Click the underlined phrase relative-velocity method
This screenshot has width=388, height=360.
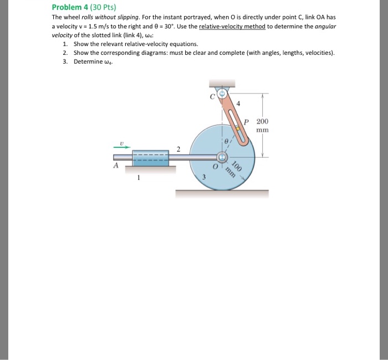click(x=234, y=26)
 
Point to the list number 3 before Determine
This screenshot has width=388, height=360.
click(x=65, y=61)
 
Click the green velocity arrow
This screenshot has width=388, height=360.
click(x=123, y=147)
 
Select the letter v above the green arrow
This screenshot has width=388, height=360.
click(x=122, y=141)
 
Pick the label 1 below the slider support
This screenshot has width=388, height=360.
click(x=139, y=178)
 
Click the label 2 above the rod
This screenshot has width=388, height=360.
click(x=178, y=149)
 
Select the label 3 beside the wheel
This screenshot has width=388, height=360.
click(x=204, y=177)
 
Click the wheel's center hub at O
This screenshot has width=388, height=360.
click(x=223, y=157)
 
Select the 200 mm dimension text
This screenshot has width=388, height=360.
click(x=262, y=126)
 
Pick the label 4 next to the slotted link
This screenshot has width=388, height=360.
click(x=238, y=104)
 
